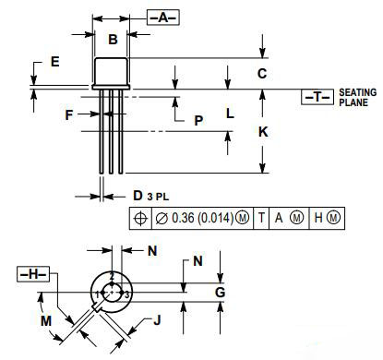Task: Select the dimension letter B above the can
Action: (113, 39)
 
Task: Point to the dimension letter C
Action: (262, 72)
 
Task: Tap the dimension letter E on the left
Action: (54, 62)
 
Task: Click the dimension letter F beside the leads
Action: (68, 114)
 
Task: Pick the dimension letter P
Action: (197, 120)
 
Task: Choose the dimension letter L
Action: (230, 114)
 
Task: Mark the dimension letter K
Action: (262, 132)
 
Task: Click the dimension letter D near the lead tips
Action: (137, 196)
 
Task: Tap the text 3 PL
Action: (158, 197)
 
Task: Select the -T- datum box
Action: (316, 97)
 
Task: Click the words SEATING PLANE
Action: (358, 97)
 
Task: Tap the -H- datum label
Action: (34, 274)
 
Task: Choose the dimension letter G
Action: (220, 293)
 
